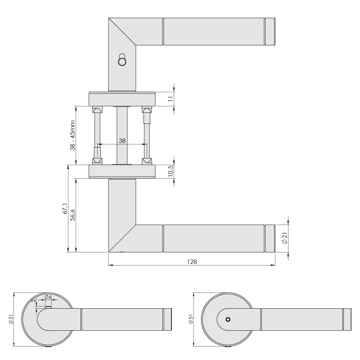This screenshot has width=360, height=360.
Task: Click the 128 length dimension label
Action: pos(192,262)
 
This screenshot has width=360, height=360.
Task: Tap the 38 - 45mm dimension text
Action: pos(72,135)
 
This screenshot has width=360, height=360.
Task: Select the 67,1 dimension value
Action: pos(65,208)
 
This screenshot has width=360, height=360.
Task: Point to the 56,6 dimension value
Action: pos(72,215)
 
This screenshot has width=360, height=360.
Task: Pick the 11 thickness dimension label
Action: pos(171,99)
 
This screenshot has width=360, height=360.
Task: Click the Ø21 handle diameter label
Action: pos(285,238)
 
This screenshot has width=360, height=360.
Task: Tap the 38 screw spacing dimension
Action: pos(122,141)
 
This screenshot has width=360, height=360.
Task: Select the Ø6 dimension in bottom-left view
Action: pos(48,297)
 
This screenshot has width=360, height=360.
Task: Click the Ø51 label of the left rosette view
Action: pos(11,319)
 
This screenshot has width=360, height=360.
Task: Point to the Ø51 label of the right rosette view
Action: pos(190,319)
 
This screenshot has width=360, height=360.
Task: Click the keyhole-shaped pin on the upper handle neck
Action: pos(121,60)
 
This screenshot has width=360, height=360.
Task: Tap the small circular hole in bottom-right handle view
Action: pos(228,319)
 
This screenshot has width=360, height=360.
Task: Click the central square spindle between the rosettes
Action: pos(122,135)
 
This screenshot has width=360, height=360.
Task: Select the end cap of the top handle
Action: pos(270,31)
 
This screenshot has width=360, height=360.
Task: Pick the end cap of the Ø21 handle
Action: pos(270,238)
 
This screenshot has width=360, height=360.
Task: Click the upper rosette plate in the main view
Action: pos(122,99)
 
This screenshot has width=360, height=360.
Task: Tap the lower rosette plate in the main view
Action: pos(122,171)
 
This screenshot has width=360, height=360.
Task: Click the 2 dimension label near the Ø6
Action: pos(34,301)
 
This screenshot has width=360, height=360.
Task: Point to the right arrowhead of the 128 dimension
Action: pos(273,265)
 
